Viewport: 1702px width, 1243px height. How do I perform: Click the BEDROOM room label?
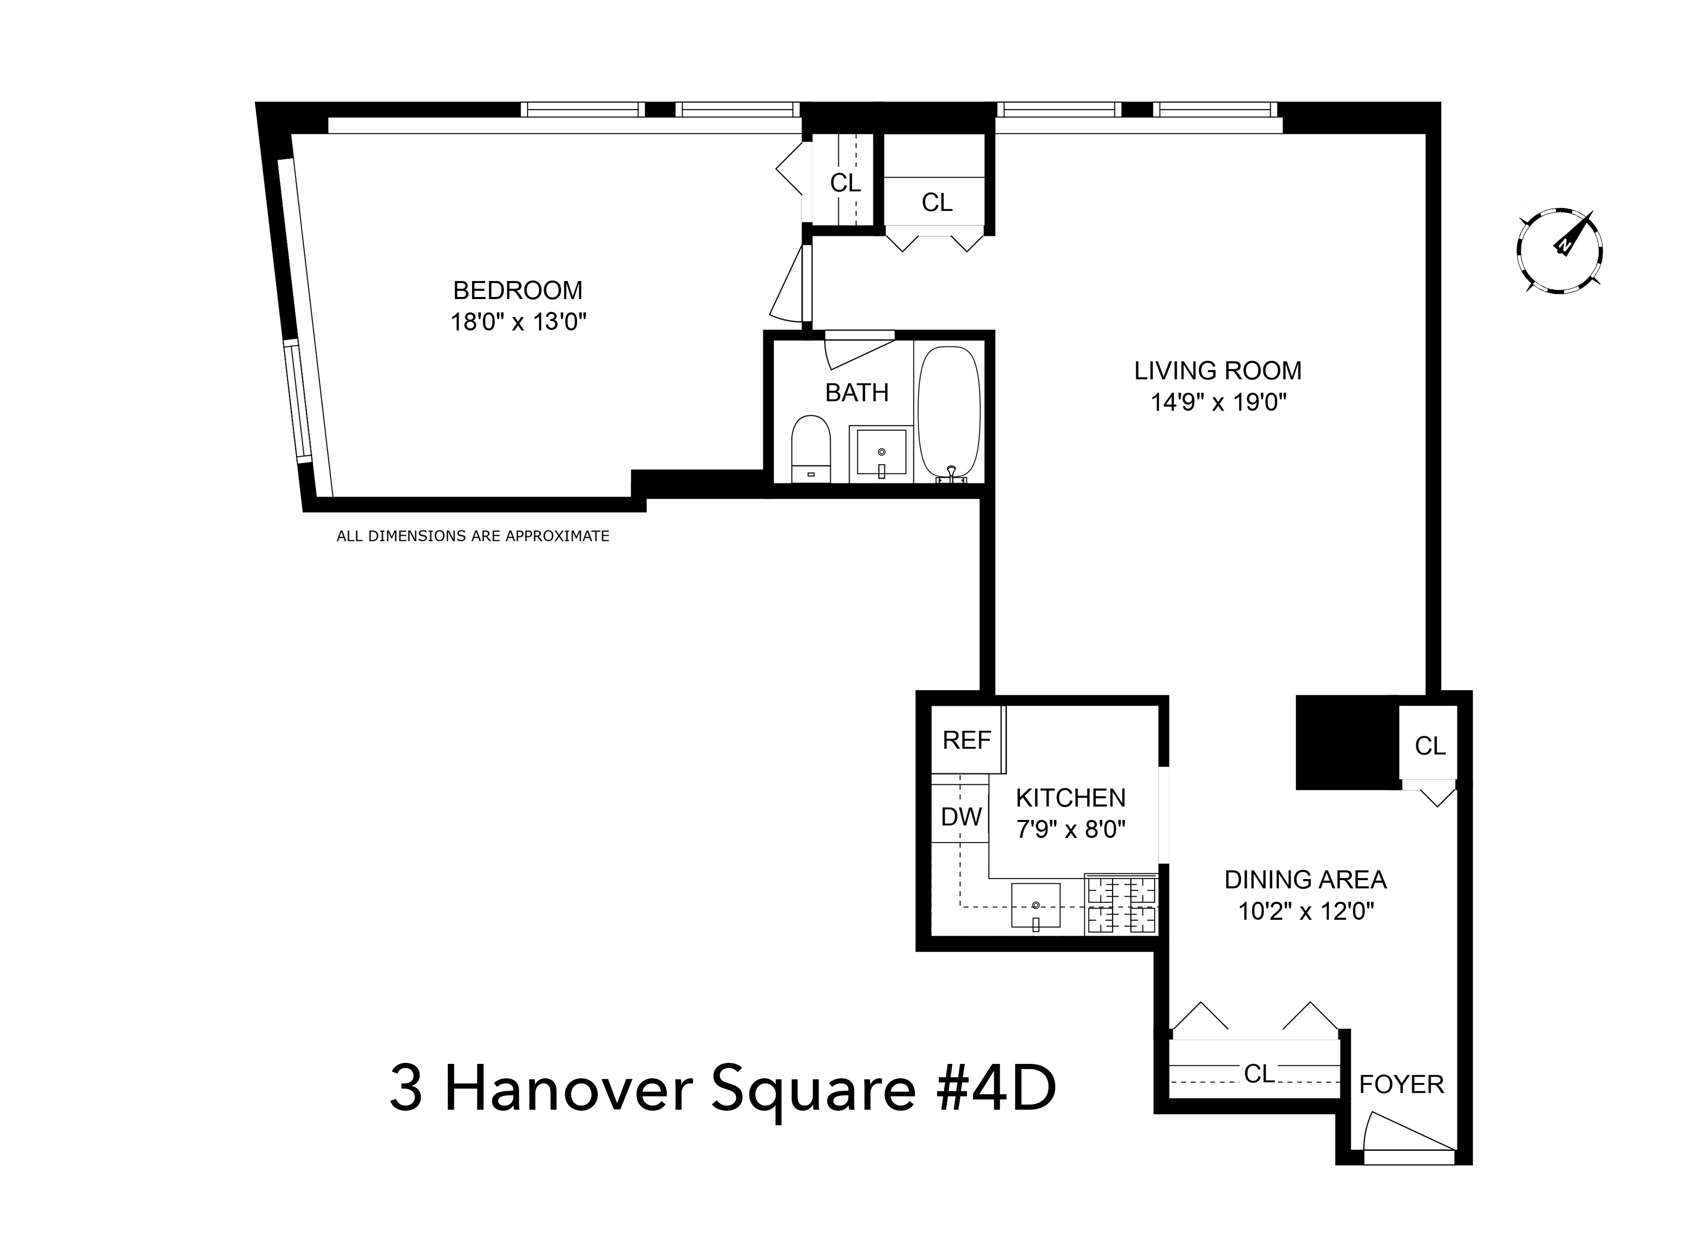click(518, 290)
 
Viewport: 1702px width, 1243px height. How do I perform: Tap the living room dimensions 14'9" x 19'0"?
click(1218, 402)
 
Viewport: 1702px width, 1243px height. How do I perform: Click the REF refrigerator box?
click(967, 740)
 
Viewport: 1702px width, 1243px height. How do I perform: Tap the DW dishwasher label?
click(961, 816)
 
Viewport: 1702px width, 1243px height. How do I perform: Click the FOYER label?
click(1401, 1084)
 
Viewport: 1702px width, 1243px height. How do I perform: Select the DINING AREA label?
click(1306, 880)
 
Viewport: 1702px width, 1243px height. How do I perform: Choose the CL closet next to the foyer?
click(1258, 1074)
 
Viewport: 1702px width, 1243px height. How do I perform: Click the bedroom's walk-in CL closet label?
click(845, 183)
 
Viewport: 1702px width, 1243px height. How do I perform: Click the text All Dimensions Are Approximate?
click(473, 536)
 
